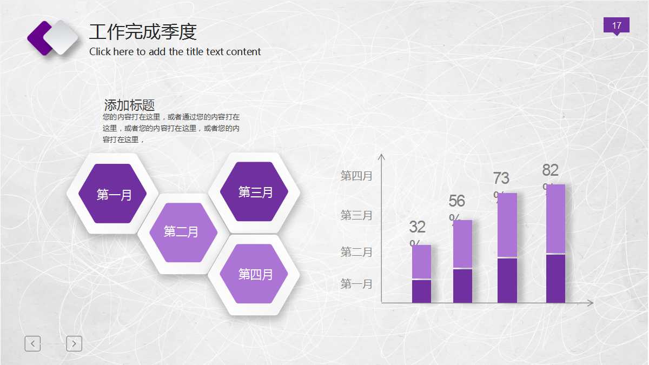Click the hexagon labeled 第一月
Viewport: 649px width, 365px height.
(113, 194)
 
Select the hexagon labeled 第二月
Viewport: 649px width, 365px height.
(181, 232)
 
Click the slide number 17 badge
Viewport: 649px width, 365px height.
(617, 25)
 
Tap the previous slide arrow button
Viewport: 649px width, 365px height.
(32, 343)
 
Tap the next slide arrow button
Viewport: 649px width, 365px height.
(74, 343)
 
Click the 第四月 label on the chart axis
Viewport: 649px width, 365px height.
(356, 176)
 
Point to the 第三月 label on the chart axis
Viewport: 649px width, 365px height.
(356, 215)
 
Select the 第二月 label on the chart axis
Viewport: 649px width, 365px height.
(356, 252)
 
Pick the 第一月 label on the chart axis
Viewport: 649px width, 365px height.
(356, 284)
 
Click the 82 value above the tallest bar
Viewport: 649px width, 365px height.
(550, 170)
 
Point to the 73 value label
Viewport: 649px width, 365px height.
(501, 178)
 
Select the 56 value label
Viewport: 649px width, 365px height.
(456, 201)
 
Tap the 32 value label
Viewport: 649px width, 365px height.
(417, 227)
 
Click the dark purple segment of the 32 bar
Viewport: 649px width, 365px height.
(421, 291)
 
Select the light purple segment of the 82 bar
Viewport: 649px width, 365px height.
(555, 218)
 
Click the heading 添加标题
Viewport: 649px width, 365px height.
(129, 105)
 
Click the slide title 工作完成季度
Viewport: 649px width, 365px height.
(143, 32)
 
